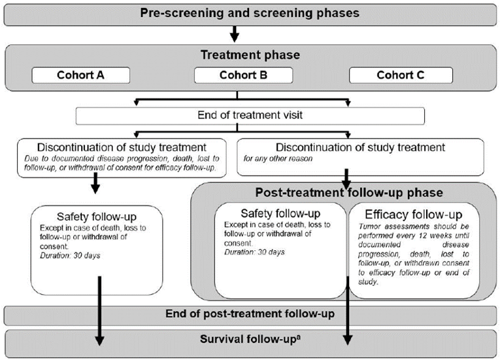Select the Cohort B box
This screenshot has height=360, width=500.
243,75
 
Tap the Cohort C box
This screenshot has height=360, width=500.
400,75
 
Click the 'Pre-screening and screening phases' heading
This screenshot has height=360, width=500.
250,13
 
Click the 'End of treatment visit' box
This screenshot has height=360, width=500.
250,116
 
